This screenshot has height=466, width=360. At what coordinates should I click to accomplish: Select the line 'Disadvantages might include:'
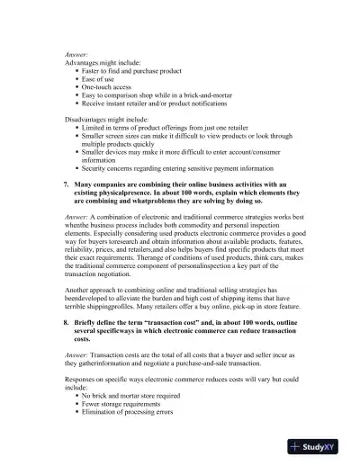tap(108, 119)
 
